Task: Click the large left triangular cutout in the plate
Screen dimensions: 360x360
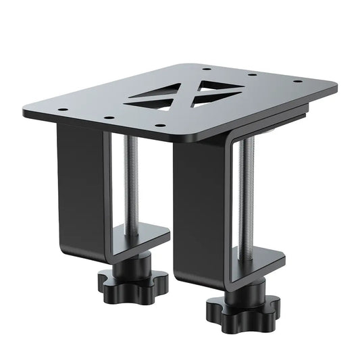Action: click(155, 99)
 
